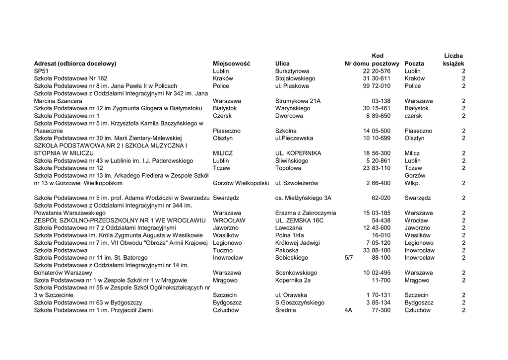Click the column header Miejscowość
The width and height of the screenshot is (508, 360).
231,64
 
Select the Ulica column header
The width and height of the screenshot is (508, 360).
282,64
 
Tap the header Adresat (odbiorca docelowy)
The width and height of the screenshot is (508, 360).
75,64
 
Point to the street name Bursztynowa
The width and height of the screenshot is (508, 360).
292,71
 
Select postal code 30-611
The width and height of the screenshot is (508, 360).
381,78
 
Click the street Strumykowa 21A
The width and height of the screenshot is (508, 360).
298,101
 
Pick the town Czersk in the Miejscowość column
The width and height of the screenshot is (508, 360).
222,116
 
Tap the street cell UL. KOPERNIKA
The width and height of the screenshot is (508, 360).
298,153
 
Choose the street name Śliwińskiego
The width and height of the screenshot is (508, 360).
291,161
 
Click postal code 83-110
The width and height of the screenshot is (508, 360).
381,168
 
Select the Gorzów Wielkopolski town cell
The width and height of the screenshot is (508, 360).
241,183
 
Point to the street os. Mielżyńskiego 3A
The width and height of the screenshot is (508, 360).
303,198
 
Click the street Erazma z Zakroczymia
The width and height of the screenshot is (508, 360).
305,213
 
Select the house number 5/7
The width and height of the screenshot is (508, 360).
349,258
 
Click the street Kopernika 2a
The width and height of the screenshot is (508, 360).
293,280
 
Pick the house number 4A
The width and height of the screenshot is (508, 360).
348,310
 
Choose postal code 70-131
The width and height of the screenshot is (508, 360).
381,295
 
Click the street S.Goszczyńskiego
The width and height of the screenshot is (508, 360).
300,302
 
